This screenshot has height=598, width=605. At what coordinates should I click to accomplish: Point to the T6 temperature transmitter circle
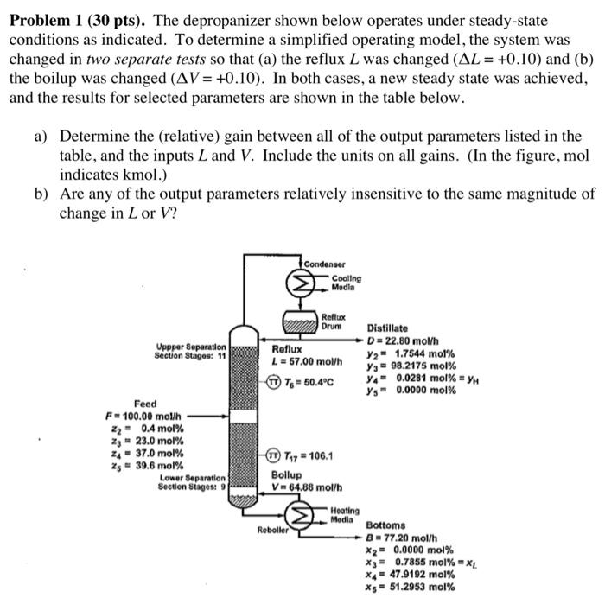[x=274, y=382]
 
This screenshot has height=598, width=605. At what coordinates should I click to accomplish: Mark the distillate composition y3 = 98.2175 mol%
[x=411, y=365]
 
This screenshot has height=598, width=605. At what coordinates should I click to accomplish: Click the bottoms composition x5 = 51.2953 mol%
[x=411, y=586]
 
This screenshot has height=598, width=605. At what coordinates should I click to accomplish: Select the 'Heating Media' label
[x=346, y=516]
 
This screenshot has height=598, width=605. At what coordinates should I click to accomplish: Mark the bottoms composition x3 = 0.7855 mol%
[x=413, y=561]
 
